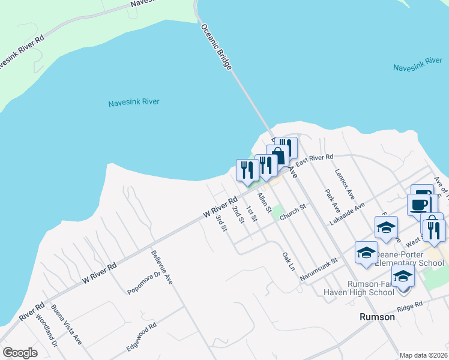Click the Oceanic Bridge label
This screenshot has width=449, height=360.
coord(216,47)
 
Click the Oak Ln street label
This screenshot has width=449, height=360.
coord(289,261)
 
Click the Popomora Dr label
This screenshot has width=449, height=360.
coord(144,283)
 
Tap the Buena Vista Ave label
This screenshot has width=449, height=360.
coord(74,323)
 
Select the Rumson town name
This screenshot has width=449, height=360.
coord(377,317)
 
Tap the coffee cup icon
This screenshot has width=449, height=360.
coord(419,204)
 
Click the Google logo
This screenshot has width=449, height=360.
coord(20,353)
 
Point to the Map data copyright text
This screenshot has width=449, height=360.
coord(423,355)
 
